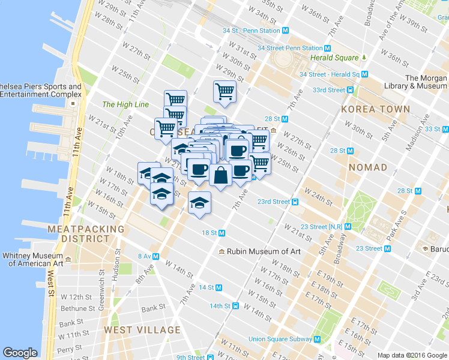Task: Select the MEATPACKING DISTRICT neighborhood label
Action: [x=86, y=233]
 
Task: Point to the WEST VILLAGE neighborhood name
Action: [x=142, y=329]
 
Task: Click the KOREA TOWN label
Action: [x=375, y=109]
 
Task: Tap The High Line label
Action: [x=125, y=104]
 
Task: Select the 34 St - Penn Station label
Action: [x=252, y=30]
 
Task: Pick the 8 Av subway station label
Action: [x=148, y=256]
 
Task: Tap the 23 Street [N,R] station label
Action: [x=322, y=227]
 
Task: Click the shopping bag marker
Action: [x=220, y=175]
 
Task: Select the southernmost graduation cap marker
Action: [x=200, y=203]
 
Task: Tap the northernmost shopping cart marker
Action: [x=224, y=91]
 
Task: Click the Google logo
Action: [x=20, y=353]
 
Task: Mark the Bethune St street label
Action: [x=74, y=308]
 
